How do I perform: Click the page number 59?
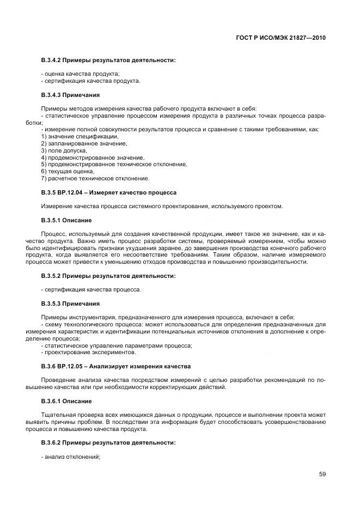(322, 474)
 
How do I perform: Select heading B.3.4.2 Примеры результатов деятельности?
(108, 60)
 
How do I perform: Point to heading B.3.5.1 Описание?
(66, 220)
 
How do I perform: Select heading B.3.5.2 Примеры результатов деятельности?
(108, 276)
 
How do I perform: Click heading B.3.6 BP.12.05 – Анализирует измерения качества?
(115, 366)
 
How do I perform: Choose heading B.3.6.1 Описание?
(66, 401)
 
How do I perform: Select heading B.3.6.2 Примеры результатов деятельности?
(108, 442)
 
